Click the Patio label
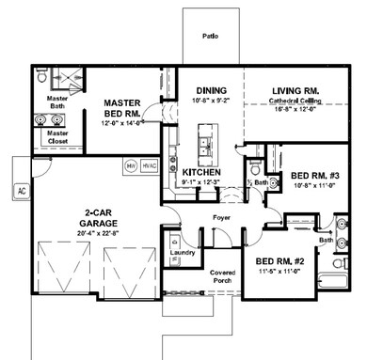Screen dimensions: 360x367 (211, 39)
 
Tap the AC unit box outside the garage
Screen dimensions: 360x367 (21, 190)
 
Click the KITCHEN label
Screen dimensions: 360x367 (199, 173)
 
